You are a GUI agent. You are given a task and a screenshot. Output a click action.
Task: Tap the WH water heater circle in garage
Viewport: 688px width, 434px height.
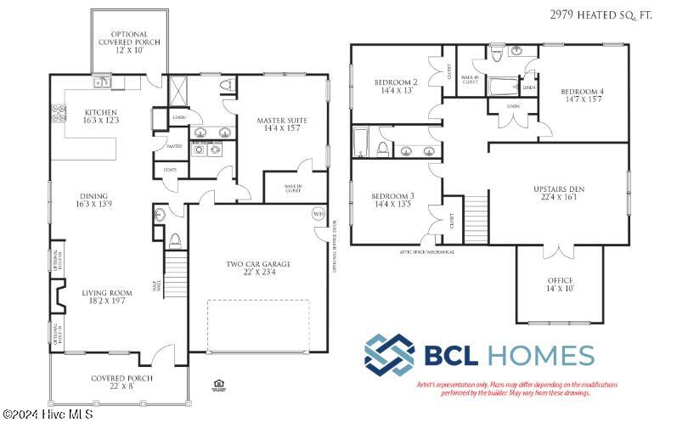coord(319,213)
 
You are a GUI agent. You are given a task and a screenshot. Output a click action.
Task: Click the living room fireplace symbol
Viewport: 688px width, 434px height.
coord(59,297)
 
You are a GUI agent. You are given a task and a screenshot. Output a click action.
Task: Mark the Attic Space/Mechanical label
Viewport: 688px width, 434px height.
coord(426,252)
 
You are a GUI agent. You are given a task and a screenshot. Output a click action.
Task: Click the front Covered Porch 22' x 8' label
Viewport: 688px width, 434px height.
coord(115,383)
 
